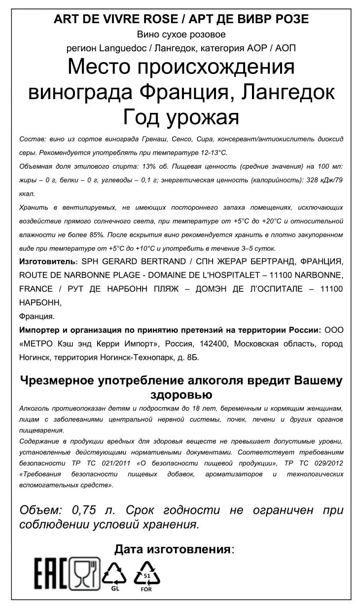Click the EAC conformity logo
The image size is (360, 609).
pyautogui.click(x=51, y=573)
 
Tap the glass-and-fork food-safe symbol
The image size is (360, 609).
pyautogui.click(x=84, y=573)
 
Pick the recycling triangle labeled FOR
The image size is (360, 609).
pyautogui.click(x=146, y=574)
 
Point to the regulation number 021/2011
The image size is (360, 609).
pyautogui.click(x=101, y=464)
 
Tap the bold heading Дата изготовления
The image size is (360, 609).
pyautogui.click(x=173, y=549)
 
